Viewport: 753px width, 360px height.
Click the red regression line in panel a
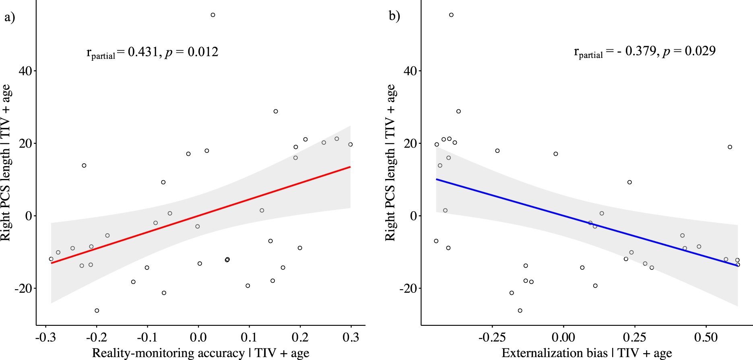201,215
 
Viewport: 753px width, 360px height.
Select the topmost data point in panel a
213,15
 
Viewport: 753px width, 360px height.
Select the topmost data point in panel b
451,15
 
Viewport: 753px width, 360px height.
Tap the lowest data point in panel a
97,311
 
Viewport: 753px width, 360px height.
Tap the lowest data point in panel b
520,311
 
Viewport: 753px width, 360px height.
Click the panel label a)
10,17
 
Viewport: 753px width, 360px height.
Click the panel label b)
394,16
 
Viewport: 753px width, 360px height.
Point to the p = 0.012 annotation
192,52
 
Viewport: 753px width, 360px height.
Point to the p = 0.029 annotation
689,51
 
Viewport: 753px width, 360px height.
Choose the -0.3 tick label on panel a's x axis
45,337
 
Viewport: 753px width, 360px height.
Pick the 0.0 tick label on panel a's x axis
198,337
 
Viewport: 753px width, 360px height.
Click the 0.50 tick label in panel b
706,337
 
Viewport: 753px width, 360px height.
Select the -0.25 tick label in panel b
492,337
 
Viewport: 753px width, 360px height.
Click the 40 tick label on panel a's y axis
25,71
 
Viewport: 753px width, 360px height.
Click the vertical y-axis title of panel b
390,163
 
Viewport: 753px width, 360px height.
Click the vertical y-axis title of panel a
6,163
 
